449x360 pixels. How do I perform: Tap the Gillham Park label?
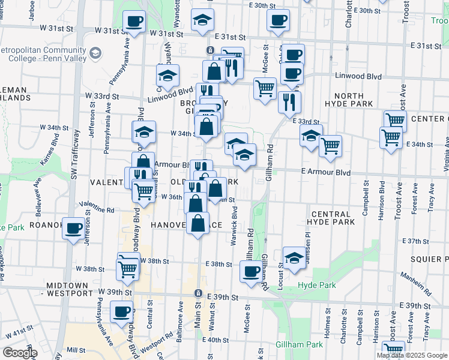point(299,345)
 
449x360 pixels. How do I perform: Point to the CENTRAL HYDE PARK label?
point(331,219)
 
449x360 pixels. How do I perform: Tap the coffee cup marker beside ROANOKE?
point(74,229)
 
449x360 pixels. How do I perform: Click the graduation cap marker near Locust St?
point(294,258)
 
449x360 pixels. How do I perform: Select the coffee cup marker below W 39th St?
point(121,313)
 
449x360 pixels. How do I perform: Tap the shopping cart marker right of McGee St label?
point(265,89)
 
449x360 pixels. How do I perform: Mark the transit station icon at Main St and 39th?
point(197,293)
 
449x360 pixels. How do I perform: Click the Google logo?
point(20,353)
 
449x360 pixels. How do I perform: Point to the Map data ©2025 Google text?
point(411,355)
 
